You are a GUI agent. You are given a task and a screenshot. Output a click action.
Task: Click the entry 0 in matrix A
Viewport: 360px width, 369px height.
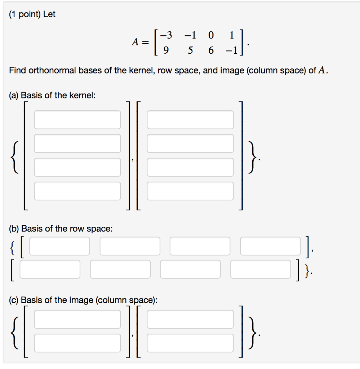pos(211,35)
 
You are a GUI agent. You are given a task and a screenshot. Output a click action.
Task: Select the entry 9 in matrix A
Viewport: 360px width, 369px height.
pos(166,51)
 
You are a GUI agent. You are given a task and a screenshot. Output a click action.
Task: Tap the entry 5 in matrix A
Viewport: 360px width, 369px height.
pos(190,51)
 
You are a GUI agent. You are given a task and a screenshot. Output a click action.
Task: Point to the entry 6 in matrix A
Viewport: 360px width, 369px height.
pos(211,51)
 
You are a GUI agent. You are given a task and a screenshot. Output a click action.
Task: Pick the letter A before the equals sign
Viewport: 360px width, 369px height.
pos(135,43)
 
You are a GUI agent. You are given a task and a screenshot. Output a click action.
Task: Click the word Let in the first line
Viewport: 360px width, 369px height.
pos(49,14)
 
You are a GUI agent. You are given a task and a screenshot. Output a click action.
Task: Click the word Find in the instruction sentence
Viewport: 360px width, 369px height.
pos(18,70)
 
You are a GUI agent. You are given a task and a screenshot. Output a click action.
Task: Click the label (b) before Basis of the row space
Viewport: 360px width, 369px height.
pos(14,228)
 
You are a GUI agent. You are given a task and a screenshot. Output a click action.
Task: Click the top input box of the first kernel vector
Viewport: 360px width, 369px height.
pos(77,120)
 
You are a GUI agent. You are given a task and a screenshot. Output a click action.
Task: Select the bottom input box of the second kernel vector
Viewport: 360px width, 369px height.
pos(190,191)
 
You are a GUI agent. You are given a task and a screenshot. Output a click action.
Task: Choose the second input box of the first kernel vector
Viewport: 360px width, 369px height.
pos(77,143)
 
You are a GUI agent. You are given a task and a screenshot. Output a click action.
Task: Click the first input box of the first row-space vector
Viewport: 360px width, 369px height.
pos(60,246)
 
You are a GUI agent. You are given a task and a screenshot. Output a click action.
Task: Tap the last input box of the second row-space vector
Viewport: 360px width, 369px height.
pos(260,269)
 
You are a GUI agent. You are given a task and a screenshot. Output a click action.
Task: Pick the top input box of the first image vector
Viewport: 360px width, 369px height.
pos(77,319)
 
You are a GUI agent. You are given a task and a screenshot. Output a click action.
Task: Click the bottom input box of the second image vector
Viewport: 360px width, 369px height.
pos(190,343)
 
